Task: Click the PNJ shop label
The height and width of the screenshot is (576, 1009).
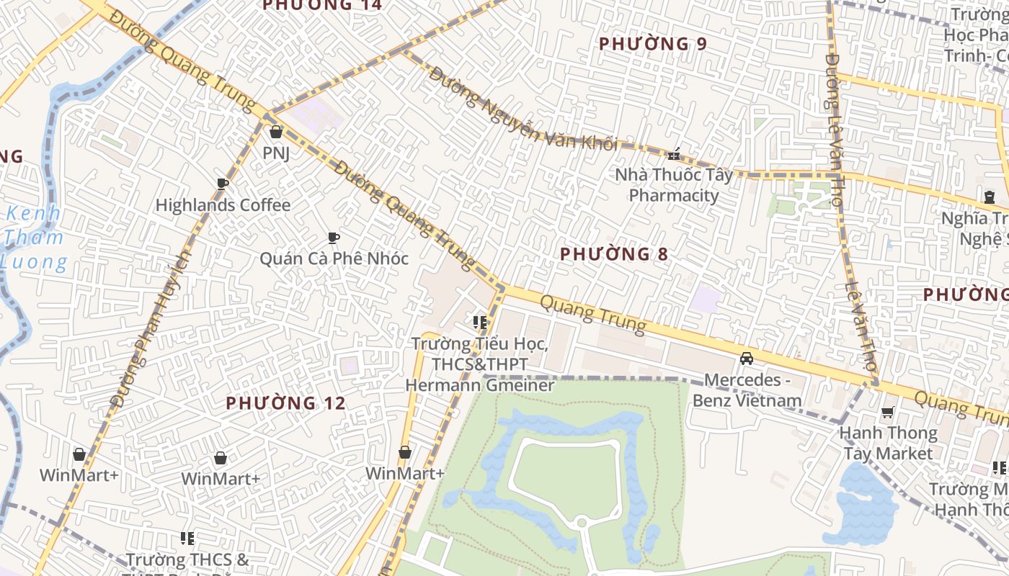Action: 276,153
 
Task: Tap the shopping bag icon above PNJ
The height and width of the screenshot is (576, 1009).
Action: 275,132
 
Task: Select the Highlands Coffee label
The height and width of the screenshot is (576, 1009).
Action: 223,205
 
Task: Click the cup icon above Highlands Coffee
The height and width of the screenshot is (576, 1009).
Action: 223,184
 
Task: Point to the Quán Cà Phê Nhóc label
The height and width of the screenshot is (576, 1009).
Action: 334,258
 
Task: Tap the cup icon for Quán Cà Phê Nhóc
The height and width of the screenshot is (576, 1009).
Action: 333,237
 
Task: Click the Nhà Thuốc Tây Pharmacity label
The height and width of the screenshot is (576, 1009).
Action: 673,185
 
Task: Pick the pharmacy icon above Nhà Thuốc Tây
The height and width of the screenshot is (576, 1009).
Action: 674,153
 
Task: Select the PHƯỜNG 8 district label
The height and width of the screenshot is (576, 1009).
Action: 614,254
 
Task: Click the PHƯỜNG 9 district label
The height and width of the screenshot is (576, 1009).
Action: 652,44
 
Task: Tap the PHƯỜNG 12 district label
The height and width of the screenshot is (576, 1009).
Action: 285,403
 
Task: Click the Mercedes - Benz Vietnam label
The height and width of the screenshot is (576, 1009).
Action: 747,390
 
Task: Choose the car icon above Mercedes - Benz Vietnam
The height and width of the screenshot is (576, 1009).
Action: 747,359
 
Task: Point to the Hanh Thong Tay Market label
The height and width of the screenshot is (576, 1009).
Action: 888,444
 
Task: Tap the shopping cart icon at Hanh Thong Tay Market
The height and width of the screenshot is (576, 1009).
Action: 887,413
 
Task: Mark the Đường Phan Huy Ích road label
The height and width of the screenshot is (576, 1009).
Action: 151,328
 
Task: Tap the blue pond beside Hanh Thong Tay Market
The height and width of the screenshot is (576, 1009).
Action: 861,504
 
